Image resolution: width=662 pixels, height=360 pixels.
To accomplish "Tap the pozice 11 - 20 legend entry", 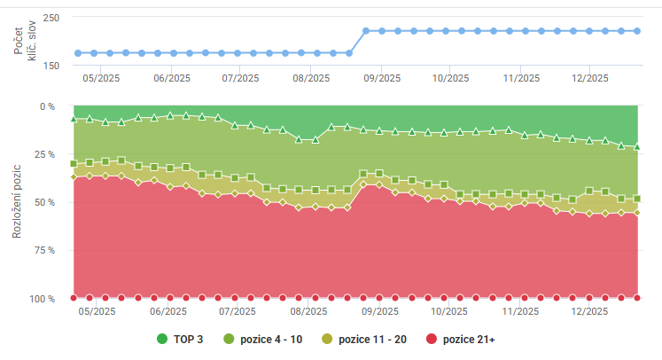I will point(372,340).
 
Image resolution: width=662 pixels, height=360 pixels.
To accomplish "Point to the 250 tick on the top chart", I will point(51,18).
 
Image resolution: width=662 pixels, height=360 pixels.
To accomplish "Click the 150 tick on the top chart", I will point(51,66).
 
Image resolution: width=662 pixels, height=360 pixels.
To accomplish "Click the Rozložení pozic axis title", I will point(17,202).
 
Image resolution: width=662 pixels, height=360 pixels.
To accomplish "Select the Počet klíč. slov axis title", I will point(20,42).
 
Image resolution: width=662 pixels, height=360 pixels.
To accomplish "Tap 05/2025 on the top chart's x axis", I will point(101,78).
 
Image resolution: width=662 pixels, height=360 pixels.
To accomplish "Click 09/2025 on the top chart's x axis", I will point(380,78).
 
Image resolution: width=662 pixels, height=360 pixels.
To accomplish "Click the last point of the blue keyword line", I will point(637,31).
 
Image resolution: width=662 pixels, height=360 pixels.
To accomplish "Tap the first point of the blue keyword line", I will point(78,53).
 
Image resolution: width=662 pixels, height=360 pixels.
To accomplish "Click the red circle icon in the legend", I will point(432,340).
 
